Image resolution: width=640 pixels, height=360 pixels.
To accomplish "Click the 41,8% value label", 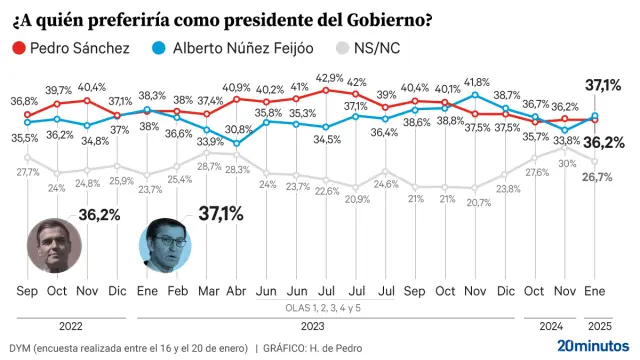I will [x=476, y=82].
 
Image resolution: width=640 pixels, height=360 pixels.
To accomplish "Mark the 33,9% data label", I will [x=209, y=141].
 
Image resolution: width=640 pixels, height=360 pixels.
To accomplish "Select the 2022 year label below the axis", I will [x=72, y=324].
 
